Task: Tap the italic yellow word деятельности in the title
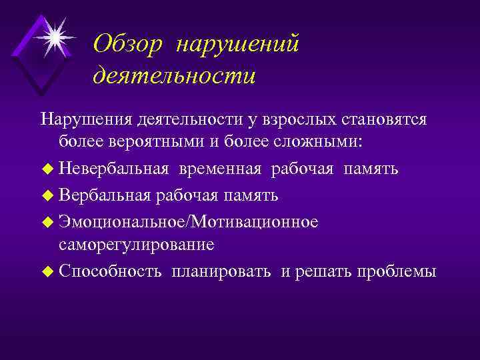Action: [174, 75]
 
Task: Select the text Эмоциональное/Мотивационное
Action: [188, 221]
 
